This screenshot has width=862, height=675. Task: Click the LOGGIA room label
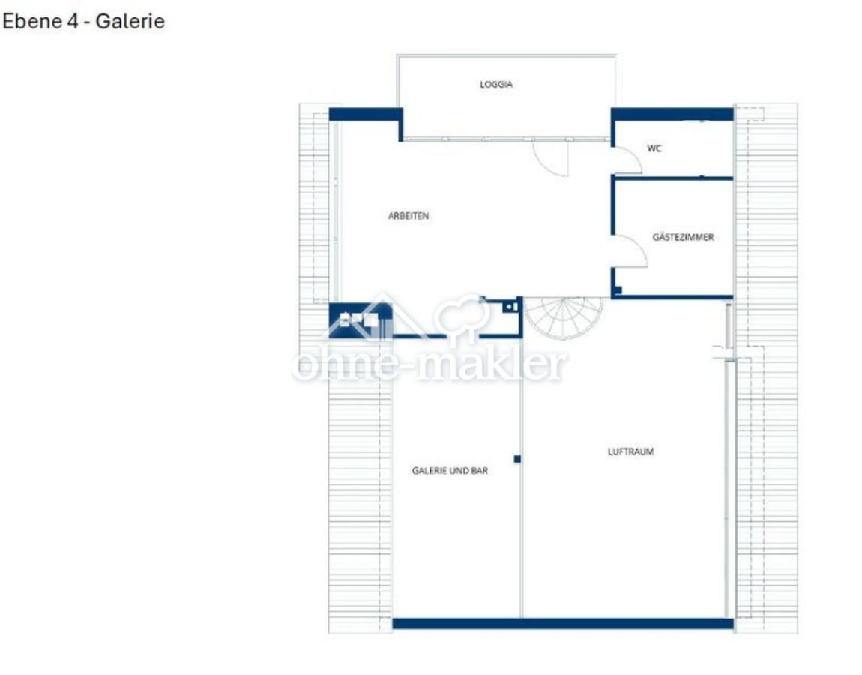point(496,85)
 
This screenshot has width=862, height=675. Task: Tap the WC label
point(654,148)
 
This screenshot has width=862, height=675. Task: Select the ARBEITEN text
point(409,216)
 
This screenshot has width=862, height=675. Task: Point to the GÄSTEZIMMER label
point(683,237)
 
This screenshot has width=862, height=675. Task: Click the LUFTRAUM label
point(630,451)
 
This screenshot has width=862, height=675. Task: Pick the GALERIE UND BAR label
point(450,471)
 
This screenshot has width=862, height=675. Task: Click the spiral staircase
point(563,315)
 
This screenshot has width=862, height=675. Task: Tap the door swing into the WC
point(626,160)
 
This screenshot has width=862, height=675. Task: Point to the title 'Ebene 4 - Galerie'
point(83,21)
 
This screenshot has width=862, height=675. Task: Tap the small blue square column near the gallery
point(517,458)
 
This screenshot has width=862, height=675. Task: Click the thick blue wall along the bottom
point(562,623)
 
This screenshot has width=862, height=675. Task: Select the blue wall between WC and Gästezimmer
point(672,178)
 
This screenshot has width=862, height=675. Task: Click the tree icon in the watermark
point(464,315)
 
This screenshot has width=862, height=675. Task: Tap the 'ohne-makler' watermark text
point(430,365)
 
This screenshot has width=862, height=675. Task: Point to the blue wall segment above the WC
point(672,114)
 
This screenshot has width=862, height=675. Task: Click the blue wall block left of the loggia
point(365,115)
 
